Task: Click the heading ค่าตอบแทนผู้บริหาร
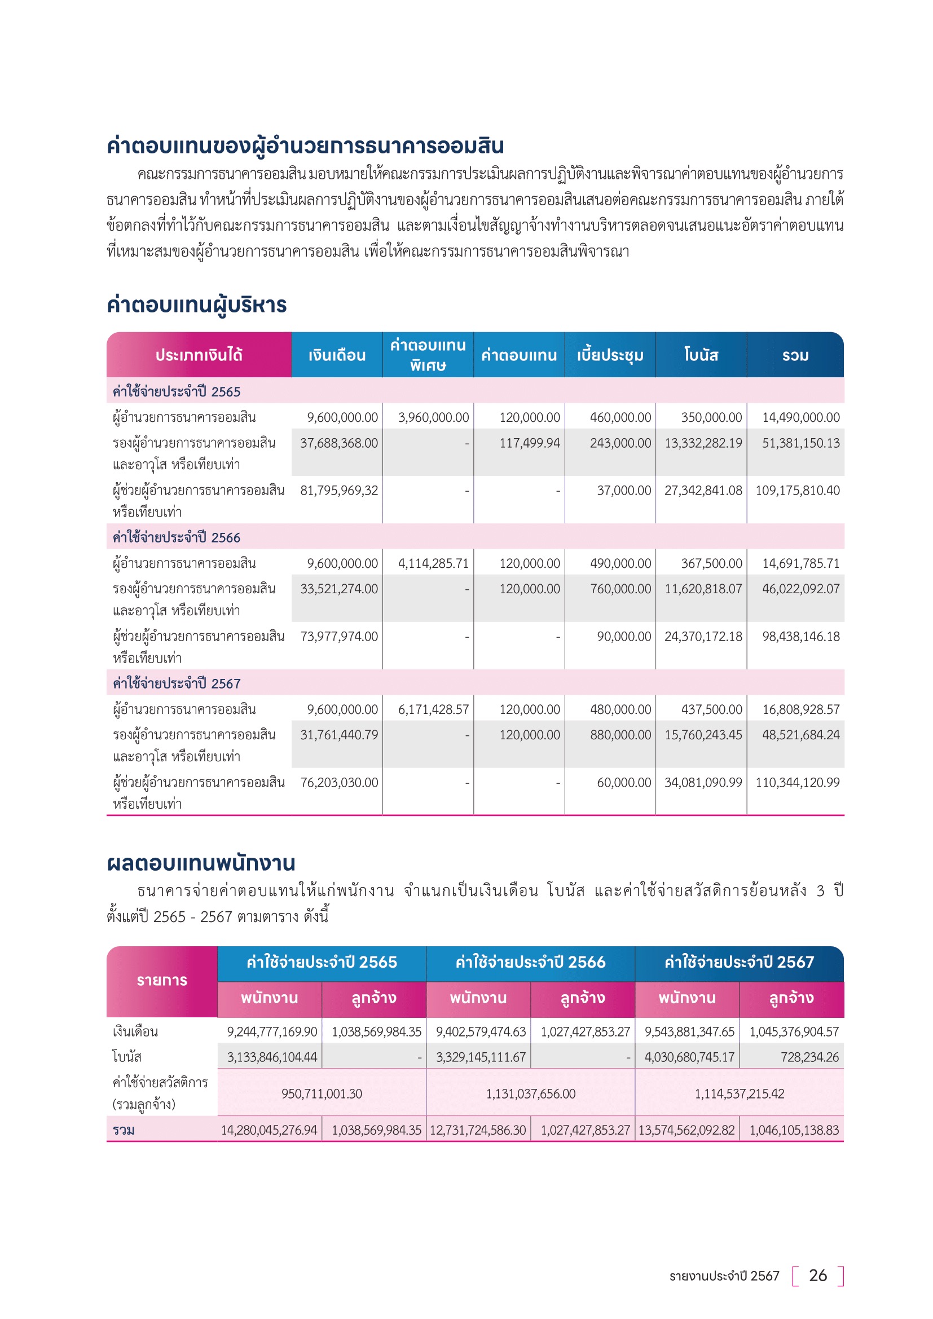pos(196,305)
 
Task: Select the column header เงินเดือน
pos(337,355)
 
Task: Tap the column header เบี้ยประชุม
pos(610,355)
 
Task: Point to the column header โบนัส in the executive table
pos(701,355)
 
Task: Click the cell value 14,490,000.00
pos(800,417)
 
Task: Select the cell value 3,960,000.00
pos(433,417)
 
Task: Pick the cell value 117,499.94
pos(529,443)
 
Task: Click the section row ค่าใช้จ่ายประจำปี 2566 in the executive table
pos(177,537)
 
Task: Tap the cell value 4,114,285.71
pos(433,563)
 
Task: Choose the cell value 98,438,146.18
pos(800,637)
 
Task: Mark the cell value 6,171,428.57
pos(433,709)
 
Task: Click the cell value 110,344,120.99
pos(797,783)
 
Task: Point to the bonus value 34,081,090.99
pos(703,783)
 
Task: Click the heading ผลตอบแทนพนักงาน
pos(201,863)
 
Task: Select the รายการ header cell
pos(162,980)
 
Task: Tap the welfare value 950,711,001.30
pos(322,1093)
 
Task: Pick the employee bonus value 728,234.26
pos(809,1056)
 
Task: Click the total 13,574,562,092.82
pos(686,1130)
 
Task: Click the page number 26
pos(817,1276)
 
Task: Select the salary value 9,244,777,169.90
pos(272,1031)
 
